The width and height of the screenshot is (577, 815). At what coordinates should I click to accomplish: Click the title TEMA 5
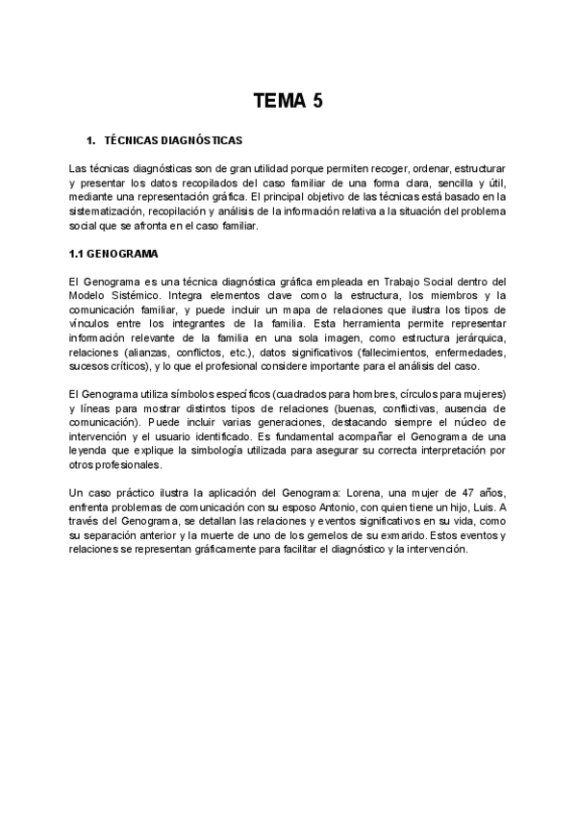point(288,100)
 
